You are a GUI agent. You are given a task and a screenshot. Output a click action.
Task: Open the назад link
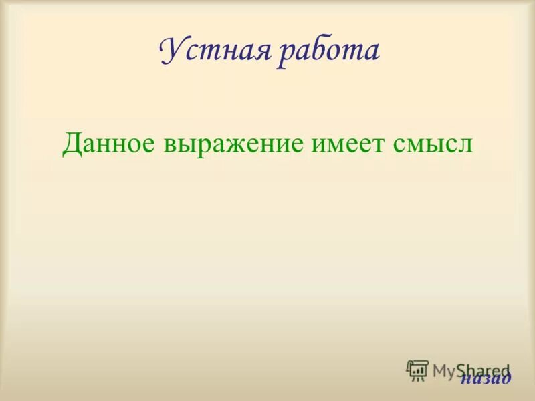(485, 378)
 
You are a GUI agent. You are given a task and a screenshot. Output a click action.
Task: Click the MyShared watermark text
(471, 370)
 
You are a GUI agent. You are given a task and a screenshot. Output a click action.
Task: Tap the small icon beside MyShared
(417, 370)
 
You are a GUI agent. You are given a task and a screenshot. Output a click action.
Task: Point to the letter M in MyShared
(441, 370)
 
